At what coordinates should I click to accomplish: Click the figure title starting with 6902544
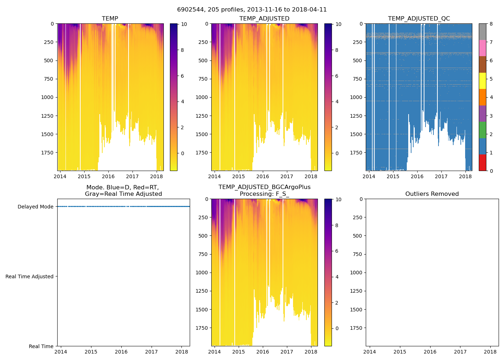point(252,10)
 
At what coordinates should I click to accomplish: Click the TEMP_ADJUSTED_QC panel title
point(419,18)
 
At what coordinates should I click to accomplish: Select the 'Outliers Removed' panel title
point(432,194)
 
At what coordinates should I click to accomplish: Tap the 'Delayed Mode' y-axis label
point(35,207)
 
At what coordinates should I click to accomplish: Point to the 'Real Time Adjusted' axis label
point(30,276)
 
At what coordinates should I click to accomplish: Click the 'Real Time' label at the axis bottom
point(41,346)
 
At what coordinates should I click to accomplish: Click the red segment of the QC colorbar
point(482,162)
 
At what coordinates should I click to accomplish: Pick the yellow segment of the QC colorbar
point(482,81)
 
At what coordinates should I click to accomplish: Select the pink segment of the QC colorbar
point(482,48)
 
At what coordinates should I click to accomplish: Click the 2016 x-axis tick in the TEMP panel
point(108,176)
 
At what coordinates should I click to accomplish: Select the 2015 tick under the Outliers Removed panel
point(400,352)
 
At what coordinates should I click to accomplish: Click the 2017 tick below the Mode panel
point(152,352)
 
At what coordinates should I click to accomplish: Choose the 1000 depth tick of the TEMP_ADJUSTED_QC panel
point(356,97)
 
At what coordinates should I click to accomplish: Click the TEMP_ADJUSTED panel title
point(264,18)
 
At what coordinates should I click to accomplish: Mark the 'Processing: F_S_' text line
point(264,194)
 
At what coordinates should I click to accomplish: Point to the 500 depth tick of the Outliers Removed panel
point(357,236)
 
